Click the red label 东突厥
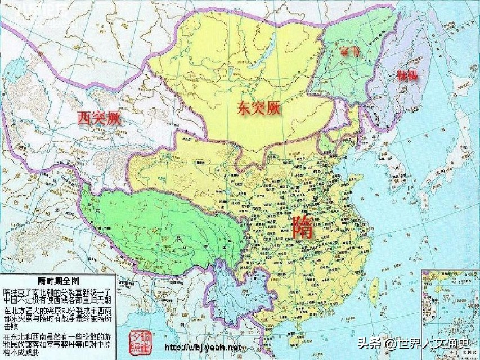[x=258, y=107]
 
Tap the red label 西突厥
[x=99, y=118]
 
